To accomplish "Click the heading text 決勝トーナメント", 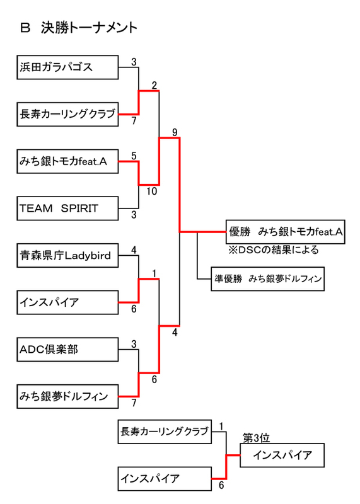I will coord(89,28).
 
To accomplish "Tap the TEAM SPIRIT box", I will coord(67,209).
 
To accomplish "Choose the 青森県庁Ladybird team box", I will coord(67,255).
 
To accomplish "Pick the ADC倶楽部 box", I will coord(67,349).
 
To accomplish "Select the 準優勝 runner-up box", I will coord(269,278).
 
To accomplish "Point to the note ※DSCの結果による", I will coord(274,250).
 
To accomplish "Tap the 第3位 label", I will coord(257,438).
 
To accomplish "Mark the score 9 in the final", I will coord(174,132).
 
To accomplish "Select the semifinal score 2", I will coord(154,85).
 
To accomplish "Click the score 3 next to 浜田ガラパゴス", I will coord(134,62).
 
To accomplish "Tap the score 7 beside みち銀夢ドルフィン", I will coord(134,403).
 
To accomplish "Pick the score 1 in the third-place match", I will coord(222,427).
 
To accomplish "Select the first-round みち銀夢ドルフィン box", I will coord(67,396).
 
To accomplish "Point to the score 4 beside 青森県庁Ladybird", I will coord(134,250).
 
